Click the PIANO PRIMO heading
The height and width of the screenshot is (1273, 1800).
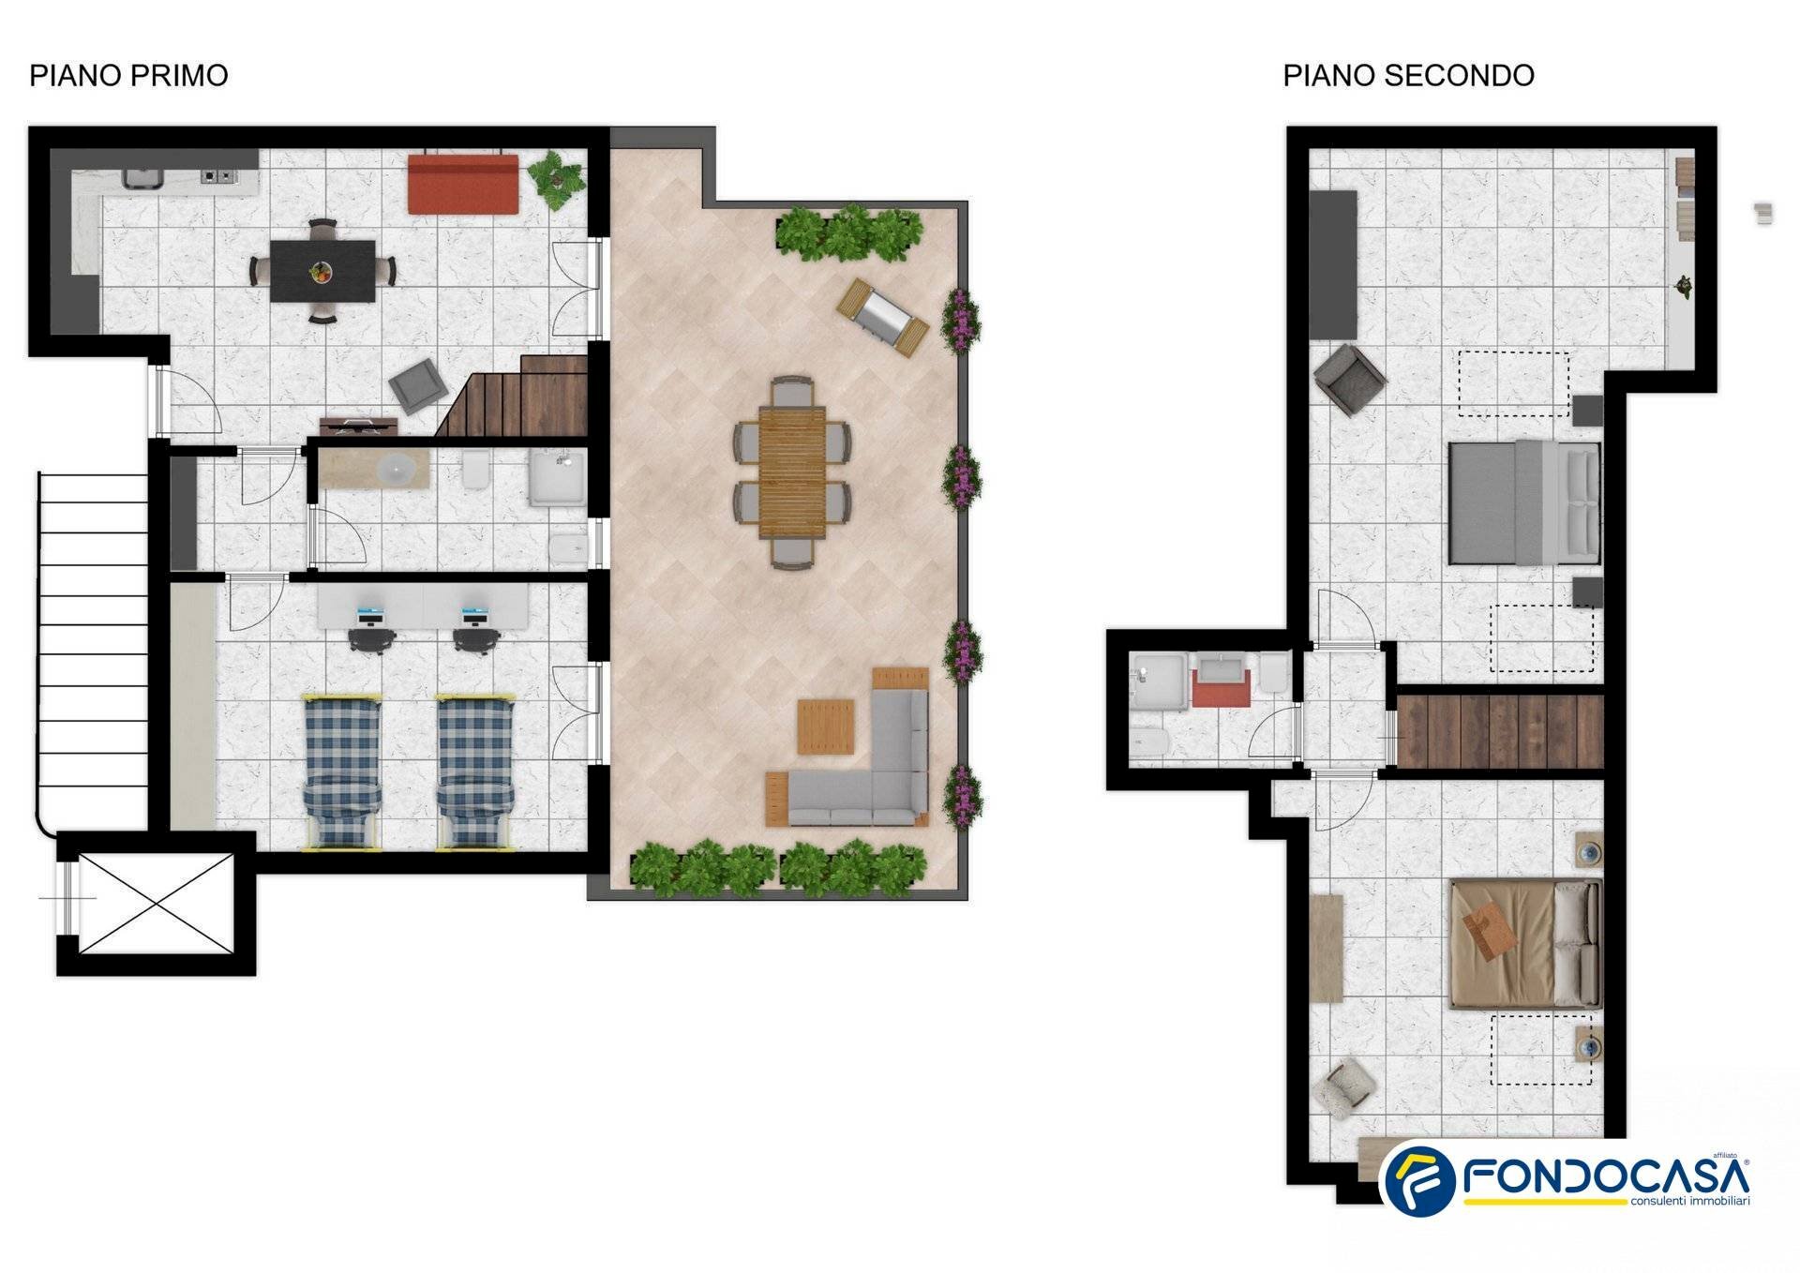pos(128,75)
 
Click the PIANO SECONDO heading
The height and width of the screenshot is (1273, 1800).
pos(1407,75)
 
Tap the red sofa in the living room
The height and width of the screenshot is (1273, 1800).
pos(463,185)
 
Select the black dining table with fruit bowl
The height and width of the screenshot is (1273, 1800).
pos(322,272)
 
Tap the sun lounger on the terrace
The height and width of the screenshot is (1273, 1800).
pos(882,318)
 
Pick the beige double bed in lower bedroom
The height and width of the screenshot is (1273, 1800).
pos(1524,943)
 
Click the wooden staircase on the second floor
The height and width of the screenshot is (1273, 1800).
pos(1500,731)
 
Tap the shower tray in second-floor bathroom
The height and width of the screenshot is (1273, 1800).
pos(1161,681)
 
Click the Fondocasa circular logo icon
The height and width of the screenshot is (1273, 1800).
pos(1418,1180)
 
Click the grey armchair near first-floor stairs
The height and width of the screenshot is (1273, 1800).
pos(418,385)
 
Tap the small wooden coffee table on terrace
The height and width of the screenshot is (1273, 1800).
pos(825,726)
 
